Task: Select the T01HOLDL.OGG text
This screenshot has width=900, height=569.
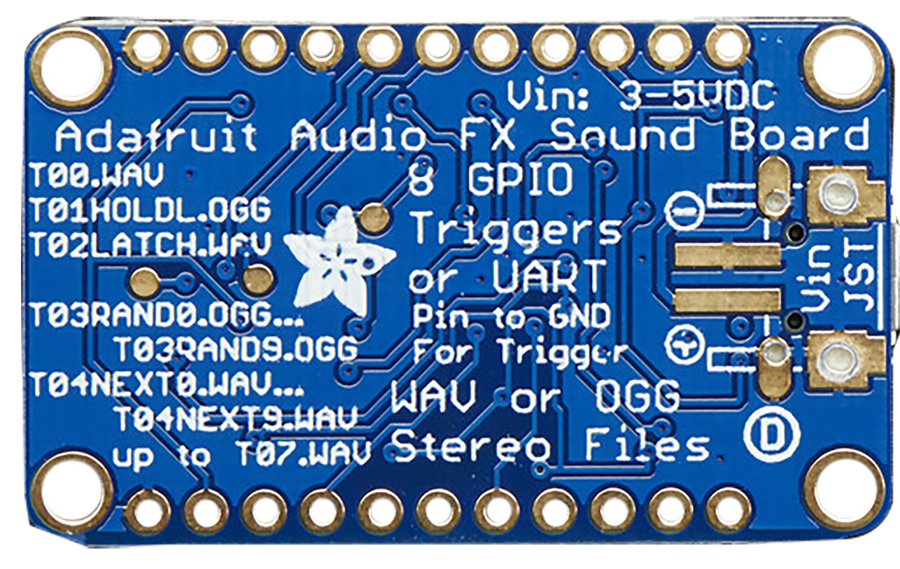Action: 151,210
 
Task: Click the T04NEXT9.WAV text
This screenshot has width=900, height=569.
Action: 236,418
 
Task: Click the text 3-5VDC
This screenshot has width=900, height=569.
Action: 696,97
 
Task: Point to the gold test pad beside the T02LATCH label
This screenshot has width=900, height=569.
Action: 257,277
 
